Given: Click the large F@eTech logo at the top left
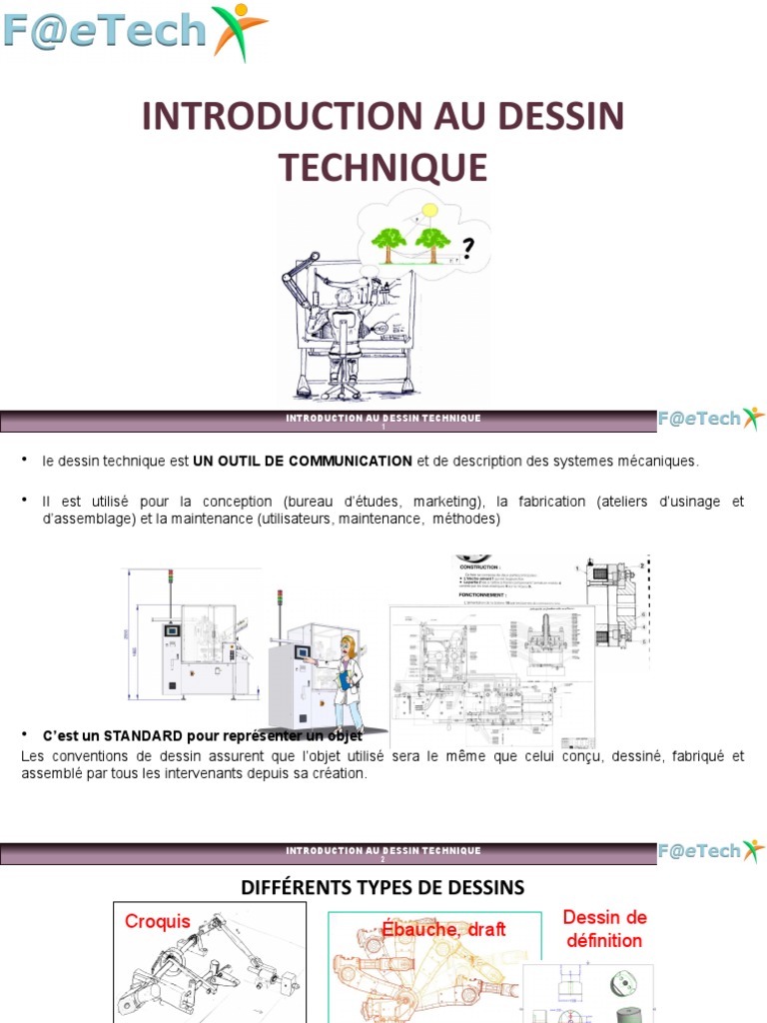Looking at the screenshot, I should (135, 32).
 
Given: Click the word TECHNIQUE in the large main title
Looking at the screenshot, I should (383, 167).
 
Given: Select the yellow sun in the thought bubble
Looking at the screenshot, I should (429, 210).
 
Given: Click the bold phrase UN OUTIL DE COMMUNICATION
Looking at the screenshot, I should (303, 461).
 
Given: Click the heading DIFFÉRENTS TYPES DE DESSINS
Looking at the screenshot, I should (383, 887).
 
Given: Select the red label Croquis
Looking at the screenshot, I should (157, 921).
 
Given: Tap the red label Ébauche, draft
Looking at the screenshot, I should (443, 929).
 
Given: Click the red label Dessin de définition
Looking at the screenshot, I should (604, 928).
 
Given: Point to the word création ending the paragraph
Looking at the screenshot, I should (340, 774).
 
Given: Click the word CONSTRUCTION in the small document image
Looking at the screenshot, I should (479, 566).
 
